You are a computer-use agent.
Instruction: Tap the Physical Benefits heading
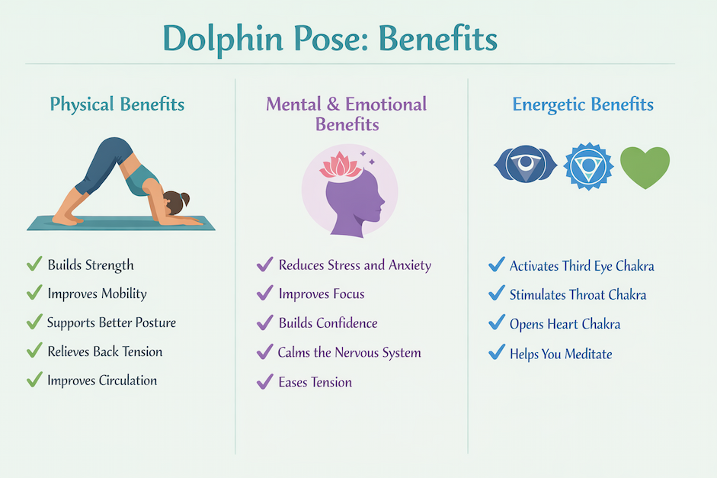point(117,104)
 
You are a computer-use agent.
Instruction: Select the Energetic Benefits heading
point(583,104)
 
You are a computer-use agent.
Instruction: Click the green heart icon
point(645,168)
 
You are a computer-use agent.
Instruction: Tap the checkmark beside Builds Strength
point(34,265)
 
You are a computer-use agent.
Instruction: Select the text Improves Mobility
point(97,294)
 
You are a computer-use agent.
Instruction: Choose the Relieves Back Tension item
point(104,351)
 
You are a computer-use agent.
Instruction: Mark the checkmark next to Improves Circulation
point(34,380)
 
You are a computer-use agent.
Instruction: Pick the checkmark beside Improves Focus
point(265,294)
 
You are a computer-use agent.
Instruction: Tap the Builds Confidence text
point(328,322)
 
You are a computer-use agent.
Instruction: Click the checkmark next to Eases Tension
point(265,381)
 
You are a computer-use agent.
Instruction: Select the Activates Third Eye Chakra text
point(581,266)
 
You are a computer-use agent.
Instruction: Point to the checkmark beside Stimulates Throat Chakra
point(496,294)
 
